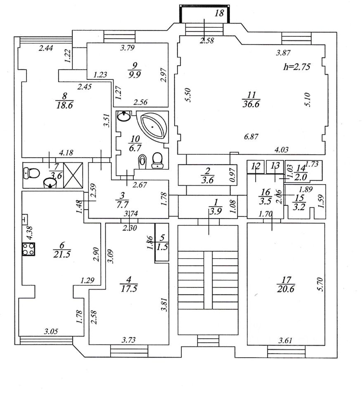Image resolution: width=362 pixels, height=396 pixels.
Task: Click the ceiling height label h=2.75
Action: (297, 66)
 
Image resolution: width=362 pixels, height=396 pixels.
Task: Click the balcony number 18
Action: (219, 13)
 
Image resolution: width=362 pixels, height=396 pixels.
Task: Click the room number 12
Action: (256, 166)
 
